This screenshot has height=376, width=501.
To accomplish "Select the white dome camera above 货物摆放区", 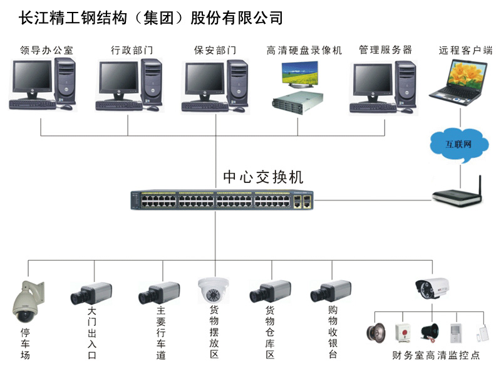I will (x=214, y=292).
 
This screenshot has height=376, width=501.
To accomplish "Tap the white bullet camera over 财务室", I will (x=433, y=286).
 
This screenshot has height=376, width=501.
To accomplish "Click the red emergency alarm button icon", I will (x=403, y=333).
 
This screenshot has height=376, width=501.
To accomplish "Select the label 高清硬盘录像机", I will (x=304, y=50).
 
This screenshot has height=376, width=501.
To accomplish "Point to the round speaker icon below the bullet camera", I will (x=375, y=332).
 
